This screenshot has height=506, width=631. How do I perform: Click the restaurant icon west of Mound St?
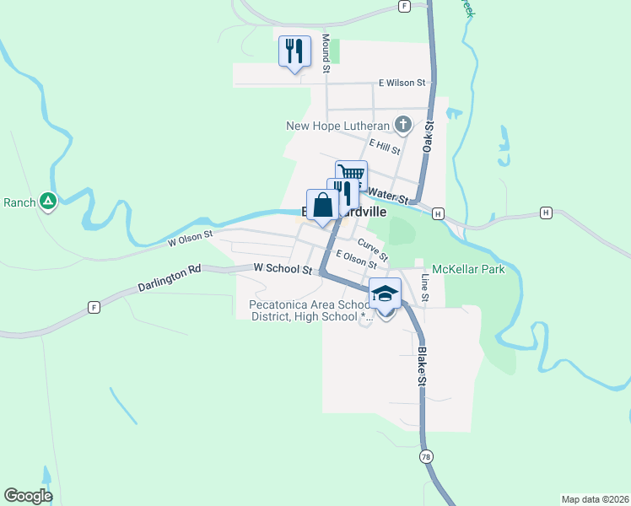click(294, 51)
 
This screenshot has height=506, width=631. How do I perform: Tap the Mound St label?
click(326, 52)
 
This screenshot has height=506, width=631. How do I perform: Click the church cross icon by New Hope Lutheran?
click(403, 126)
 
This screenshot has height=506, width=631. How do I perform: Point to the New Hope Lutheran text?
click(337, 126)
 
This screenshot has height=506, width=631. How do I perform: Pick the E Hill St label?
click(390, 148)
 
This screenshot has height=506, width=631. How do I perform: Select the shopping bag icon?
click(323, 204)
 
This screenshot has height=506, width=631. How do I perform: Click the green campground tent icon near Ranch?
click(48, 202)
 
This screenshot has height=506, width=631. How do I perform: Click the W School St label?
click(283, 269)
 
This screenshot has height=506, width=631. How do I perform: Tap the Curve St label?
click(373, 250)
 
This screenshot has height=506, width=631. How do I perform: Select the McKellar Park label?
click(468, 270)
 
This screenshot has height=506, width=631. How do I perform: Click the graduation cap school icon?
click(386, 294)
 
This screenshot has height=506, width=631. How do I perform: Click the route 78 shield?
click(427, 456)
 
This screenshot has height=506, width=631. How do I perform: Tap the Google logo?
click(28, 496)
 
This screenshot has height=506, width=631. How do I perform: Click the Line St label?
click(425, 288)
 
